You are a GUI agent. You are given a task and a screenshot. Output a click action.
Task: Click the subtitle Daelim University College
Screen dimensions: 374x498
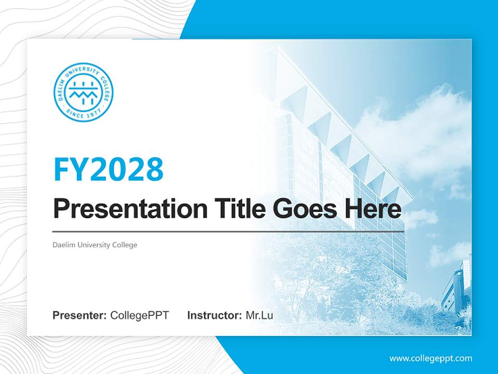coord(95,245)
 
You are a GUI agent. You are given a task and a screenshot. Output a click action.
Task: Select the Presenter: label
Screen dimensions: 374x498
coord(80,315)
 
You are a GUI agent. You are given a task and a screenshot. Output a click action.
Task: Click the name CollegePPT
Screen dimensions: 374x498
coord(140,315)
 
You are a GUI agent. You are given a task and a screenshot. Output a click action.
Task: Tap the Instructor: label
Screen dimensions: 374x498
coord(214,315)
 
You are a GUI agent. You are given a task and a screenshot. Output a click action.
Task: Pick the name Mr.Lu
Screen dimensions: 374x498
coord(259,315)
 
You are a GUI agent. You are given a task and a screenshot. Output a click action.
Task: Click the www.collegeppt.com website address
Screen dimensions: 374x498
coord(431,358)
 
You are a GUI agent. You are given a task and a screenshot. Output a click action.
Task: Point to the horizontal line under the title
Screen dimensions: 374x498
coord(228,231)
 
